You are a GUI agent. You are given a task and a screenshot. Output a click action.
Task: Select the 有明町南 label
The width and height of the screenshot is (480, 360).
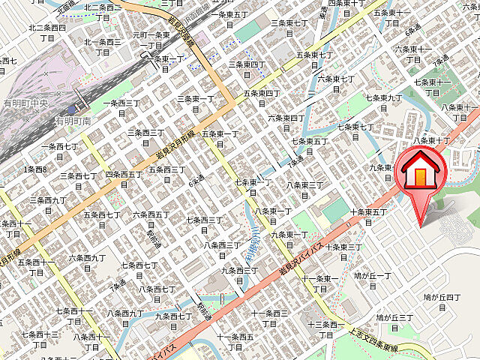coord(72,120)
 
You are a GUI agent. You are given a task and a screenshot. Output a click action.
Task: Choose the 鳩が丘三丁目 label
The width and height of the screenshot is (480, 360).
coord(394,323)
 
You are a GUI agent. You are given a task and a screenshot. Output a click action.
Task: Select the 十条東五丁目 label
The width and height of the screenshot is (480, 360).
coord(367,217)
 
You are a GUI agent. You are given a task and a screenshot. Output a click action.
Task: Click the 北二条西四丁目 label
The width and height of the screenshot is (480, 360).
coord(47,32)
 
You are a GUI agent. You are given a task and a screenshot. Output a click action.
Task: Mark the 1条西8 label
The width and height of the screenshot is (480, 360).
coord(35,169)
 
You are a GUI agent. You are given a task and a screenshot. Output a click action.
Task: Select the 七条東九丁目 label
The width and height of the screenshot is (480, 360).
coord(383,103)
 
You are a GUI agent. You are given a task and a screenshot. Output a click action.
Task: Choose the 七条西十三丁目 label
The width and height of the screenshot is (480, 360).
coord(40,340)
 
